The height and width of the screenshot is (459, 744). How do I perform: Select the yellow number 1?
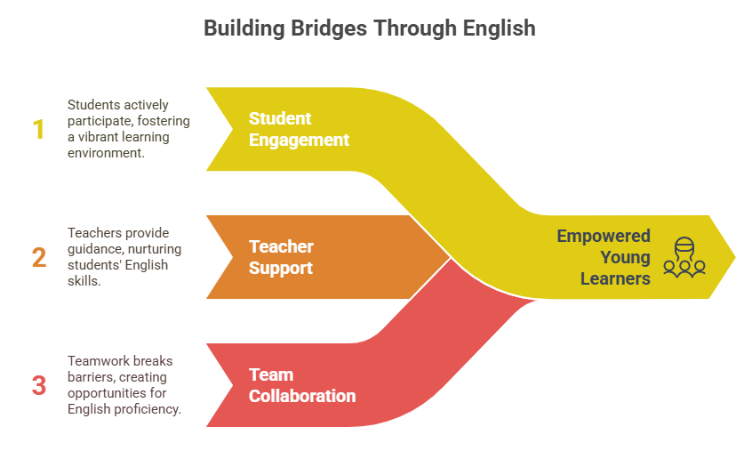[x=38, y=130]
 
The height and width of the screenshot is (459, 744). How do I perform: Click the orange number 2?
[x=38, y=257]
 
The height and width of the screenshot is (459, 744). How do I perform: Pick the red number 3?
[x=38, y=385]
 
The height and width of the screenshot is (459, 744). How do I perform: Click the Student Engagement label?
[x=299, y=129]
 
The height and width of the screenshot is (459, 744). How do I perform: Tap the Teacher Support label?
[x=281, y=257]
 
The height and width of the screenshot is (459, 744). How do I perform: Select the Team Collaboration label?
[x=301, y=385]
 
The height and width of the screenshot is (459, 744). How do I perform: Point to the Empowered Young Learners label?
[x=604, y=257]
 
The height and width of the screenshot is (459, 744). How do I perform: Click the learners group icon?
[x=684, y=256]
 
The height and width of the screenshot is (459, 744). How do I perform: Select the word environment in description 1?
[x=105, y=153]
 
